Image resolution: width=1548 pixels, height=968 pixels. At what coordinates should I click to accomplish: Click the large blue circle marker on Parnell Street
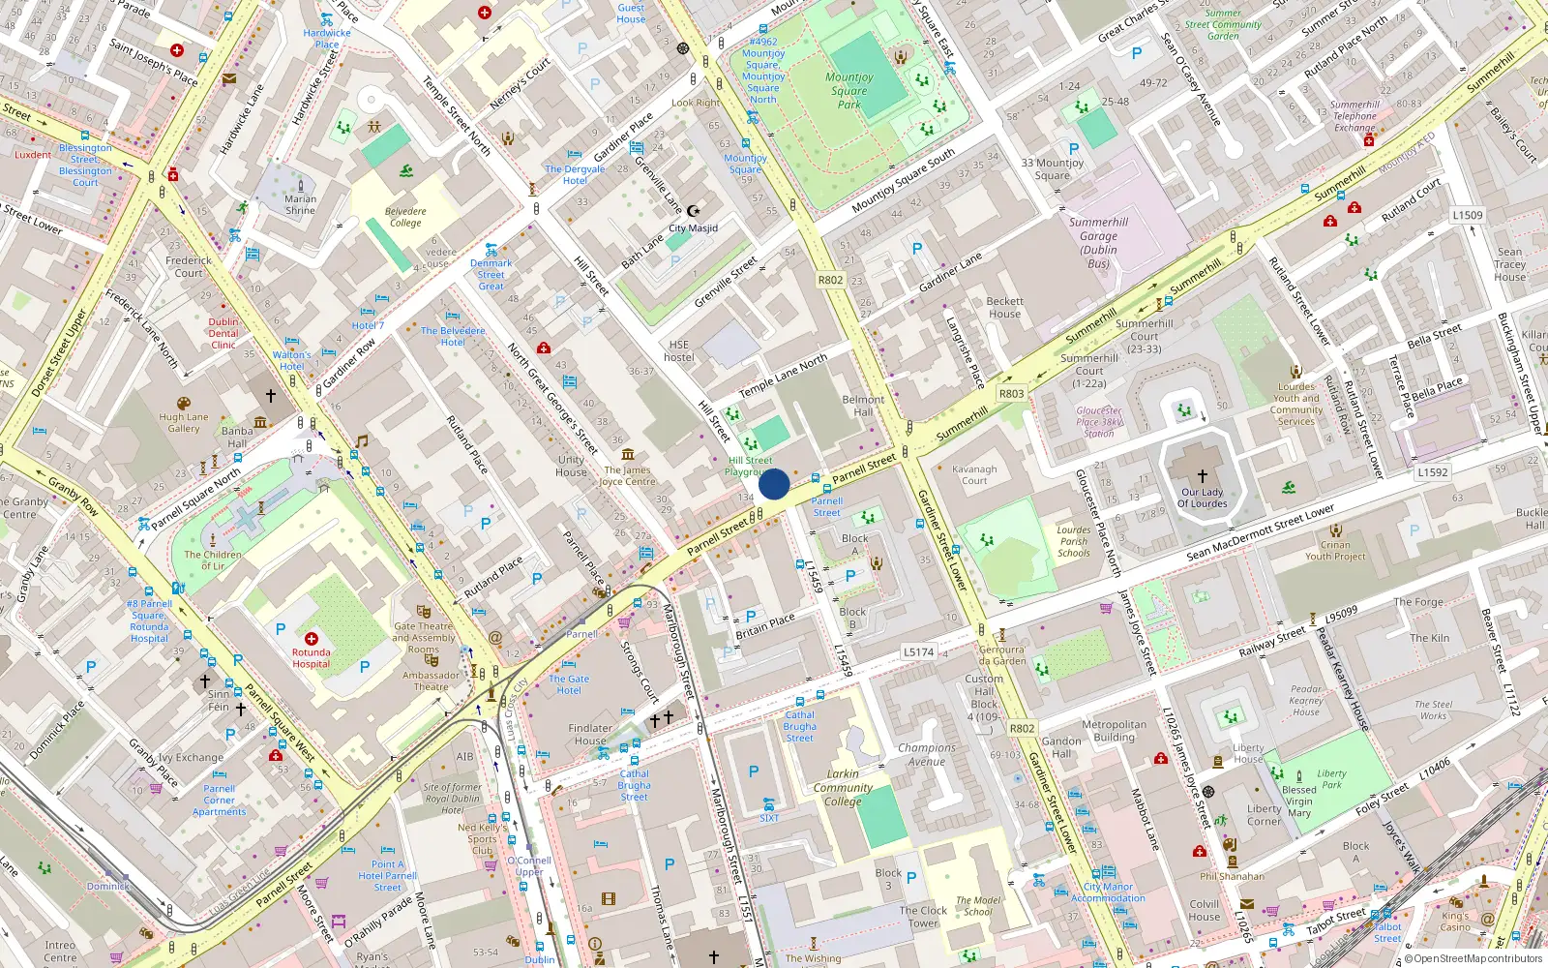click(x=774, y=484)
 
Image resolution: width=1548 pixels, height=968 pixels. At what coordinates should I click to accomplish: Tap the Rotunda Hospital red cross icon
click(x=312, y=639)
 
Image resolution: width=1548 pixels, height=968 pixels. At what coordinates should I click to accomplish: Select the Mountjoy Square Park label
click(x=849, y=90)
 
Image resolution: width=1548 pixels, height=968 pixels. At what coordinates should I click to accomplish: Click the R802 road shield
click(x=830, y=280)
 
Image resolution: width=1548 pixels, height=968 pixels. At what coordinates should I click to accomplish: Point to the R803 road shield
click(x=1011, y=393)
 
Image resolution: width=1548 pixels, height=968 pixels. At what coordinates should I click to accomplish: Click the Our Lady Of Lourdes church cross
click(x=1203, y=476)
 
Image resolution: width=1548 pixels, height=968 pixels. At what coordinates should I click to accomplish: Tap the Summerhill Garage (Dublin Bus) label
click(x=1098, y=242)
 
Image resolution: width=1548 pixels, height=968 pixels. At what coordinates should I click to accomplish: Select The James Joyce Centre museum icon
click(x=628, y=454)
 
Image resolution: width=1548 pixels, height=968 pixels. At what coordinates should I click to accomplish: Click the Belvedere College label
click(x=405, y=217)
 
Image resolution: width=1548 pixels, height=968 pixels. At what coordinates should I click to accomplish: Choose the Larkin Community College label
click(x=843, y=787)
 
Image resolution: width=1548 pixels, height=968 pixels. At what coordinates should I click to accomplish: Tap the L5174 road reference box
click(x=918, y=651)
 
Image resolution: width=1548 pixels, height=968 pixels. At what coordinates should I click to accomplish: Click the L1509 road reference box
click(x=1467, y=215)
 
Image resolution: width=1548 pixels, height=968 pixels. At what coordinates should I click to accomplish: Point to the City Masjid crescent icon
click(x=693, y=211)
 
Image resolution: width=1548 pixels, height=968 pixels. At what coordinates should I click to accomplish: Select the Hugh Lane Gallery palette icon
click(x=184, y=404)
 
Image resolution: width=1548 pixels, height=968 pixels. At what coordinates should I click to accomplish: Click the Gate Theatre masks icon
click(x=423, y=612)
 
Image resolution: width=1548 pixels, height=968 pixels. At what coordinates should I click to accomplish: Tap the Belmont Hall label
click(x=863, y=405)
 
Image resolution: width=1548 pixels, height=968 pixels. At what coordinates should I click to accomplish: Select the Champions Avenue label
click(x=926, y=754)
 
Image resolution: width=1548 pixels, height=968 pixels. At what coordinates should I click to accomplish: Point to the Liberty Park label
click(x=1331, y=778)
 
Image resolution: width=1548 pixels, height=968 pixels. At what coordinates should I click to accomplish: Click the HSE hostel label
click(x=679, y=350)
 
